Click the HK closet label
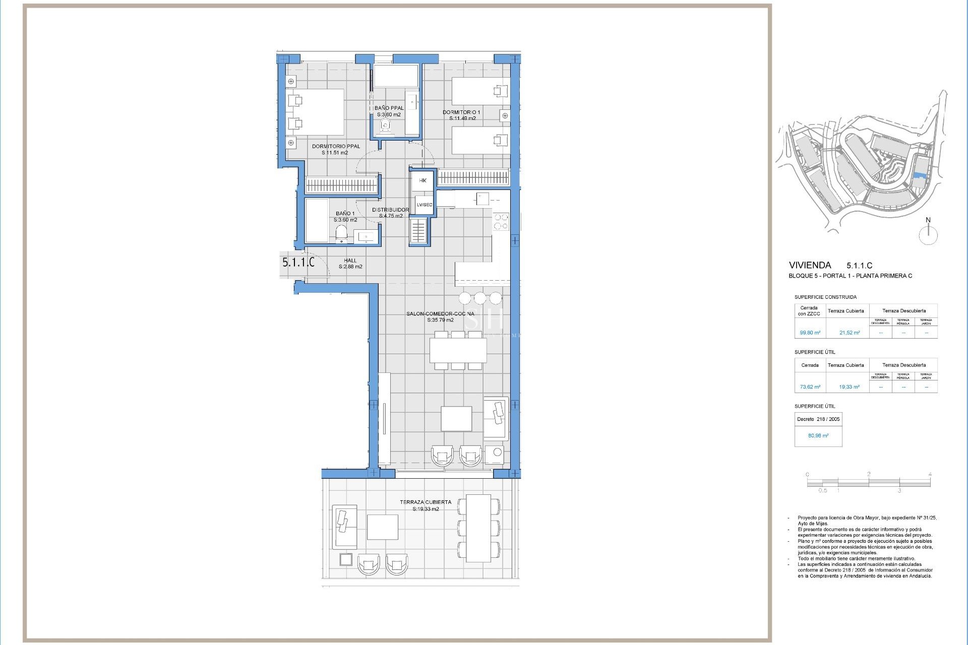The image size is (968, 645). point(422,180)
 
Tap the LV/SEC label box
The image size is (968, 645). point(424,205)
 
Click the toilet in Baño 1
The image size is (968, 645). point(341,234)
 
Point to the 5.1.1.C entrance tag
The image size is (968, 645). point(298,263)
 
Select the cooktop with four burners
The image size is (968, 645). point(501,222)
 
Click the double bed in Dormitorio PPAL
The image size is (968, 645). point(316,112)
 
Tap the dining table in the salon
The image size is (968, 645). point(458,351)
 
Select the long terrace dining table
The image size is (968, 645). point(478,528)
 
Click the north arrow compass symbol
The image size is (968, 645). point(928,235)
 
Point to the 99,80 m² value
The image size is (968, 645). point(810,333)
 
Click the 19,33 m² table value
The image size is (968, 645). point(849,387)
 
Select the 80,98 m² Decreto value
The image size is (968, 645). point(818,435)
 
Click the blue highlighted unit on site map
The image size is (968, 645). point(919,176)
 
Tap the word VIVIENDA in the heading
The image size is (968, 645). point(810,265)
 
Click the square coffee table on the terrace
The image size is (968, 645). point(382,527)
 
